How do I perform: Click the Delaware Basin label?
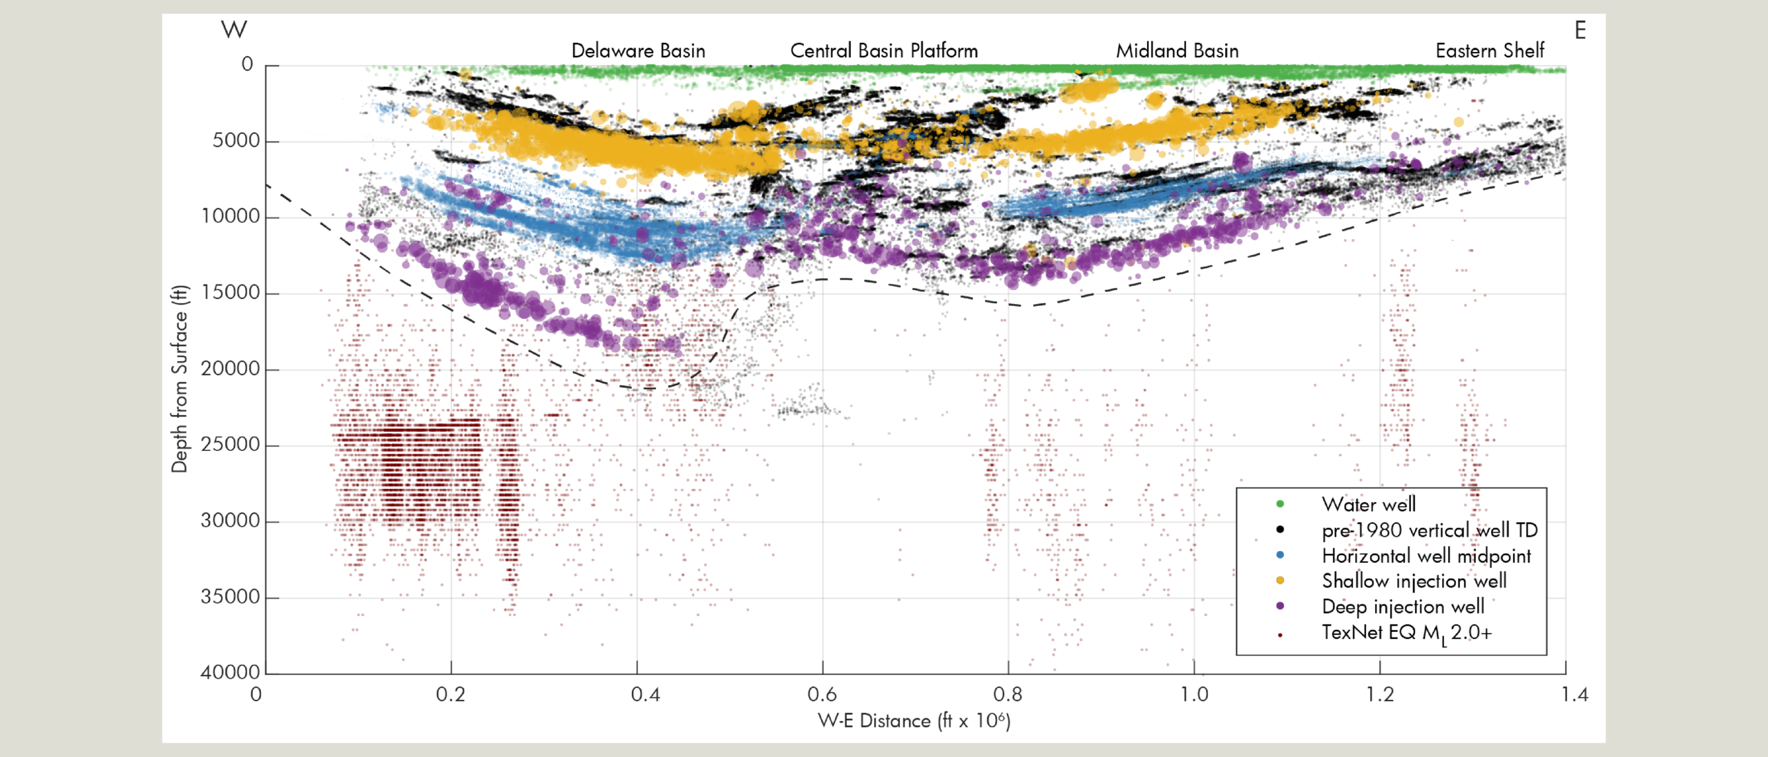point(638,50)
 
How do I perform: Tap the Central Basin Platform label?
point(883,50)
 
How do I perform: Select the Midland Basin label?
point(1177,50)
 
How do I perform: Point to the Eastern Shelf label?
point(1490,50)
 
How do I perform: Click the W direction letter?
point(233,30)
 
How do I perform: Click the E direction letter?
point(1580,30)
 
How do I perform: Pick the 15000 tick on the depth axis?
point(230,292)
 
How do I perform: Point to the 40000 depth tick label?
point(230,672)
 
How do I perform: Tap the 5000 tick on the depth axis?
point(236,140)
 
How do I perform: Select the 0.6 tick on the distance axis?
point(822,694)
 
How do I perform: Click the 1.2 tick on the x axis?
point(1380,694)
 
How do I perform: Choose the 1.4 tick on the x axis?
point(1575,694)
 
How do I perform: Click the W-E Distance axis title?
point(914,721)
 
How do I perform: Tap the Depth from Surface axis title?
point(180,378)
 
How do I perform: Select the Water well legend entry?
point(1368,504)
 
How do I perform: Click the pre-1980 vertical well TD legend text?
point(1430,530)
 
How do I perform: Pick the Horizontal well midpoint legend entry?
point(1426,555)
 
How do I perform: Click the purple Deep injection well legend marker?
point(1280,606)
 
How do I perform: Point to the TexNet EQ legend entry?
point(1406,633)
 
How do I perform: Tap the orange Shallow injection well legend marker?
point(1280,580)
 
